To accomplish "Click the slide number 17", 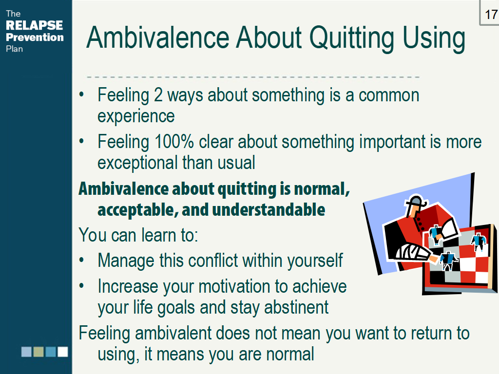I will click(491, 15).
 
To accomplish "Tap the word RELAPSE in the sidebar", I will click(34, 25).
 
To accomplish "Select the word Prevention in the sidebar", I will click(35, 37).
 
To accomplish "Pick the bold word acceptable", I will click(131, 209).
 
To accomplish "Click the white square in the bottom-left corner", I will click(63, 352).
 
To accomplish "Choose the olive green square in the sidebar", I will click(38, 352).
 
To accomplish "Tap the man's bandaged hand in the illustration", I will click(406, 252).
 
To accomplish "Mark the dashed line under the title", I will click(253, 77).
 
